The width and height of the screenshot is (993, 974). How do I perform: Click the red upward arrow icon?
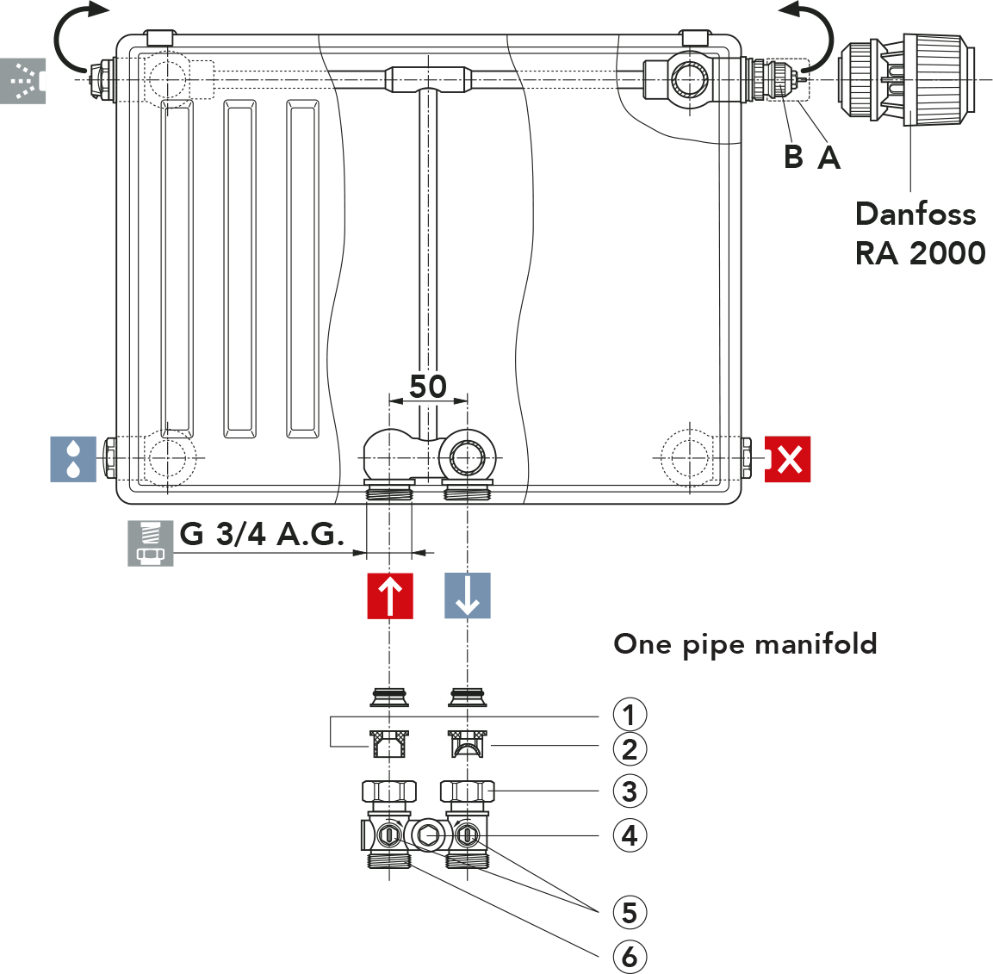390,596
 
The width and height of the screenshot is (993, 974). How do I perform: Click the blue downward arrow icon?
468,596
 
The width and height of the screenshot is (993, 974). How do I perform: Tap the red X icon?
788,459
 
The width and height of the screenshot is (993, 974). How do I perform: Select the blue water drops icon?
73,458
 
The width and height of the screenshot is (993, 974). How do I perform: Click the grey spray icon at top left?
23,81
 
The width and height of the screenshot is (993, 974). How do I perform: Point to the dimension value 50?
428,387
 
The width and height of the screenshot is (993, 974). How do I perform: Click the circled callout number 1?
630,715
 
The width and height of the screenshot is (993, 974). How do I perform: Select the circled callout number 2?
630,749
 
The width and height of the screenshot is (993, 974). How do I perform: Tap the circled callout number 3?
630,791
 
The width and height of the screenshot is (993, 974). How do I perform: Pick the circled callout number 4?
630,835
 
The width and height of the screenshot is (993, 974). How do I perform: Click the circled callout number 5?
630,912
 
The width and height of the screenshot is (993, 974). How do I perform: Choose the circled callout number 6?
630,955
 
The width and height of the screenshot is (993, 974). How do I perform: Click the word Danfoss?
915,214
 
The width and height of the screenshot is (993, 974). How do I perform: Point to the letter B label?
794,157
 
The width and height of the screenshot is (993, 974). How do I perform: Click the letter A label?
829,157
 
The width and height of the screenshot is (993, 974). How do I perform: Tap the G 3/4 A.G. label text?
262,535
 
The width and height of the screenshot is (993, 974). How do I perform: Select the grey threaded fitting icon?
151,543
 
